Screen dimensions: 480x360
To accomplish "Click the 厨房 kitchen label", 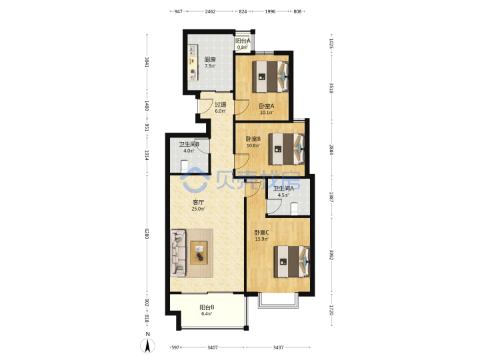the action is (x=210, y=59).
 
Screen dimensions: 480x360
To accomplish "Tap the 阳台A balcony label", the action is (x=243, y=41).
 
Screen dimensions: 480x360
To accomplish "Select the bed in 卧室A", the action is (x=270, y=77).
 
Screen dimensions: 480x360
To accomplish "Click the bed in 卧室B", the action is (x=286, y=149).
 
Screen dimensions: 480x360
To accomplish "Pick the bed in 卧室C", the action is (x=292, y=262).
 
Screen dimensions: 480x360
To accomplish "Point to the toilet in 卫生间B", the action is (x=184, y=167).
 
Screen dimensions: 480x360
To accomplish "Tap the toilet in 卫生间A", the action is (x=294, y=209).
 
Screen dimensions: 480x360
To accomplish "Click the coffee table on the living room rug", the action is (x=199, y=253).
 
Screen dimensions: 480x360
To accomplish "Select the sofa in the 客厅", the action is (x=178, y=253).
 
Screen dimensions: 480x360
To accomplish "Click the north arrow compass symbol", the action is (x=147, y=345).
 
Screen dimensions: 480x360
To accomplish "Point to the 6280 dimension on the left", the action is (x=147, y=233).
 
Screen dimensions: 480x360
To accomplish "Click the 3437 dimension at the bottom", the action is (x=278, y=347).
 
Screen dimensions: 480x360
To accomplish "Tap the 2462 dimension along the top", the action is (x=210, y=11).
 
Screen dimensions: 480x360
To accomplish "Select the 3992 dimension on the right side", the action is (x=331, y=255).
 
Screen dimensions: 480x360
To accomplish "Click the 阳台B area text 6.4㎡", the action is (x=207, y=314).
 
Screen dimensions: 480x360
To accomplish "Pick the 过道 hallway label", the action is (x=220, y=105).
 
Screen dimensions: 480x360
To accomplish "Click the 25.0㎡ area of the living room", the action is (x=198, y=209).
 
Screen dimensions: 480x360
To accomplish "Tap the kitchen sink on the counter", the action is (x=193, y=49).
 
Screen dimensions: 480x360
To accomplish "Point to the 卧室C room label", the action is (x=262, y=233).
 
